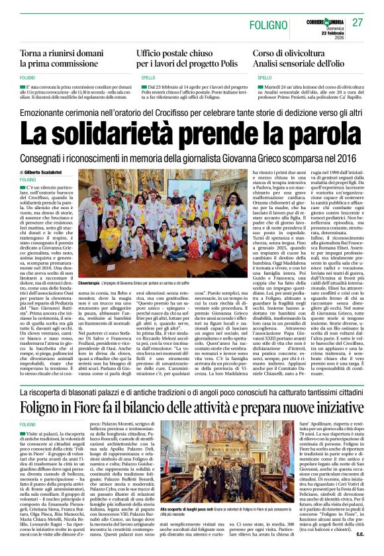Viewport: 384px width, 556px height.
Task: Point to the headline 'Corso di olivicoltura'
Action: (x=294, y=52)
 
